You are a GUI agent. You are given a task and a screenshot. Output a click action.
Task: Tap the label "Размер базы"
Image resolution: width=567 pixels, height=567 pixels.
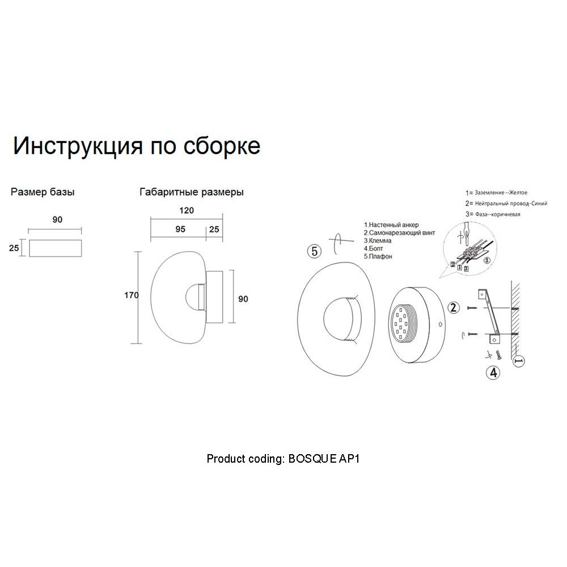tap(43, 192)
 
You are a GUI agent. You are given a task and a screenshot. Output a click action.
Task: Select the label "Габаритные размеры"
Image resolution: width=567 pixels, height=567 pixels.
tap(191, 192)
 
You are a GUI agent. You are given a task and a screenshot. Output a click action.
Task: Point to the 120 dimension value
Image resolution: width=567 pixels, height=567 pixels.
tap(187, 210)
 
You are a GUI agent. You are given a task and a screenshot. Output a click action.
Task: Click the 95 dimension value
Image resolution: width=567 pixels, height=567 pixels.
tap(180, 229)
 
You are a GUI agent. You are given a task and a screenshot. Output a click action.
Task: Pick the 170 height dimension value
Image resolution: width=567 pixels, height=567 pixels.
tap(132, 295)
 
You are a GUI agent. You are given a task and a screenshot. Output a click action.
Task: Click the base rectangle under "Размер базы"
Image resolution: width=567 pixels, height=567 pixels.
tap(56, 248)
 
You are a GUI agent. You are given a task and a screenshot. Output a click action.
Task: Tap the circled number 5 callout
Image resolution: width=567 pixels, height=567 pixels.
tap(314, 251)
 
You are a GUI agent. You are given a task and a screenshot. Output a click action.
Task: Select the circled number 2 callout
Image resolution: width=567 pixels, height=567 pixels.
tap(454, 308)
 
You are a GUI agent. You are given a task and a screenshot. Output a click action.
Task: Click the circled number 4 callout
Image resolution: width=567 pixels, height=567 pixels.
tap(494, 373)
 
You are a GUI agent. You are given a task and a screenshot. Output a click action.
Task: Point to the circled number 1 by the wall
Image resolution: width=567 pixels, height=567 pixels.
tap(519, 361)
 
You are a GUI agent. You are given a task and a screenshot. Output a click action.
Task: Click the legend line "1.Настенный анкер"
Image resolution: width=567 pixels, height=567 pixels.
tap(391, 225)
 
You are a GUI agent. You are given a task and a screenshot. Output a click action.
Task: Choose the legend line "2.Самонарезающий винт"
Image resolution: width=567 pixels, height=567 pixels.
tap(400, 233)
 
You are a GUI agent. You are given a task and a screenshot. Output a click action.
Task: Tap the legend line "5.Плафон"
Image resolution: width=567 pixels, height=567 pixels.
tap(378, 256)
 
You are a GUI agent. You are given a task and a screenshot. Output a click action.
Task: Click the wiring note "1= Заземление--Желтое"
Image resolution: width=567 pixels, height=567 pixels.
tap(497, 193)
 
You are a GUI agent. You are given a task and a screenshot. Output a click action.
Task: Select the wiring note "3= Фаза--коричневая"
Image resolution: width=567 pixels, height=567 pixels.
tap(493, 214)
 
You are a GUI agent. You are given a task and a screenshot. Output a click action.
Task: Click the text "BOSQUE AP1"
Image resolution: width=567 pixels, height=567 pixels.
tap(324, 459)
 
